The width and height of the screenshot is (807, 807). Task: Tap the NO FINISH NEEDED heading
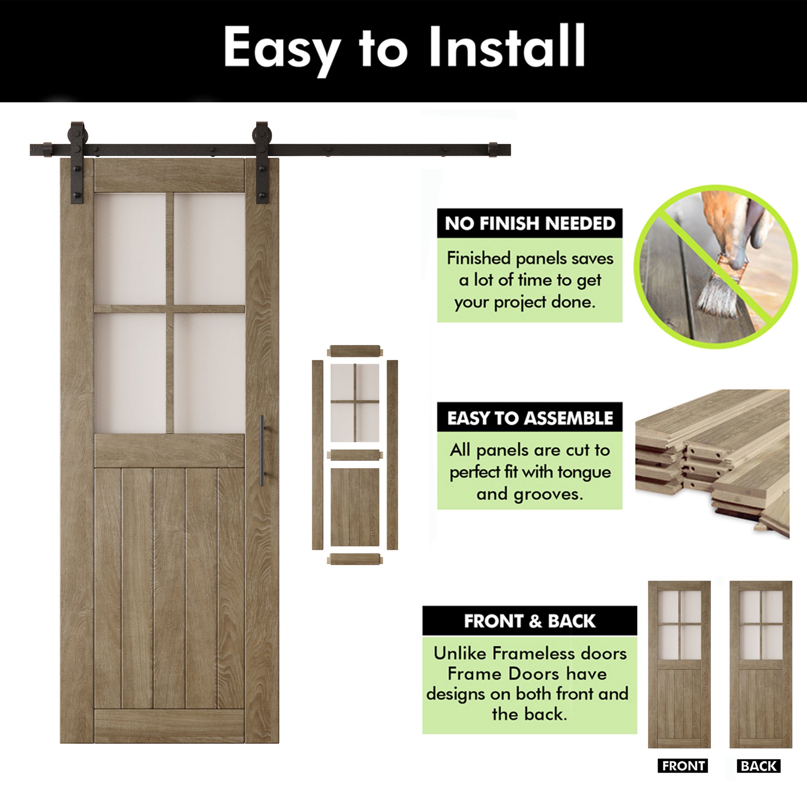[x=530, y=224]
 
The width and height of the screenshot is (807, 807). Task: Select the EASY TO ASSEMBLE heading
[x=530, y=418]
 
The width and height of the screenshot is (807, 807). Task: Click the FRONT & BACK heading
[x=530, y=621]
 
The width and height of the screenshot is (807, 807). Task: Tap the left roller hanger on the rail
[x=77, y=163]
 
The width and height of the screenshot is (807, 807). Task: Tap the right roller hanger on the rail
[x=262, y=163]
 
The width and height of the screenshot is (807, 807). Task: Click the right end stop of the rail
[x=493, y=150]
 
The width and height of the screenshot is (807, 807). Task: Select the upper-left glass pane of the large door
[x=130, y=249]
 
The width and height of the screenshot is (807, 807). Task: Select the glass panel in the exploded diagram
[x=355, y=403]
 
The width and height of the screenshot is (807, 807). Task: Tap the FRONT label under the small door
[x=683, y=766]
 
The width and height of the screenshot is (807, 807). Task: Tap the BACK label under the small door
[x=759, y=766]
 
